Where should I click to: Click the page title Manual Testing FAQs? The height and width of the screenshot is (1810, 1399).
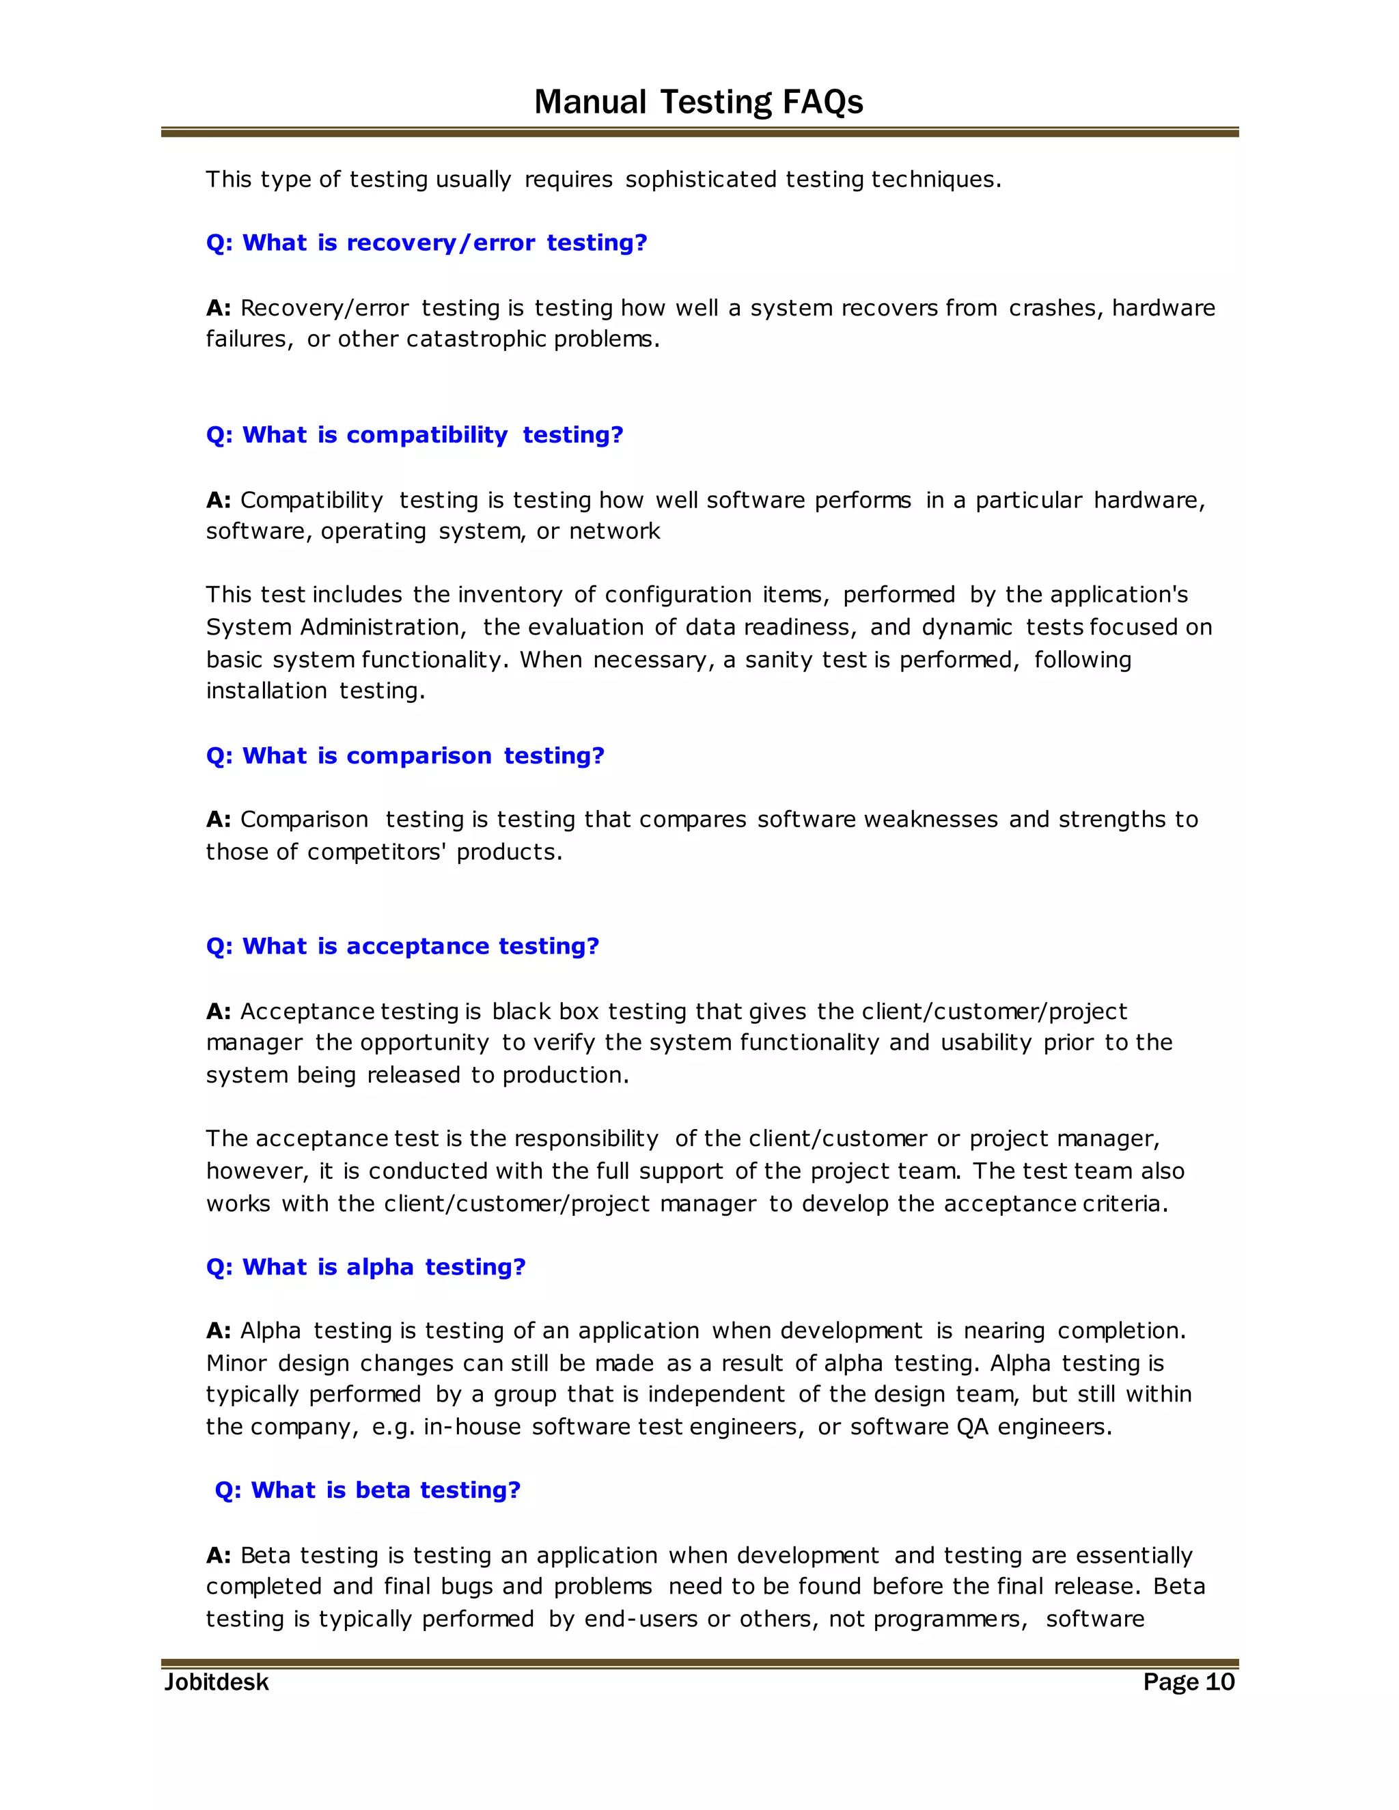698,102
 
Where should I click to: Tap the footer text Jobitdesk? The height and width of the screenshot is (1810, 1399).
217,1682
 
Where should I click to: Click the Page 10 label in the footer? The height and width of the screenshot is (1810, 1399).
1188,1682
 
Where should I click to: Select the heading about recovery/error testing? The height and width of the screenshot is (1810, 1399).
426,243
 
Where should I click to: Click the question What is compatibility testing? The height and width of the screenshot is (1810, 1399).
415,435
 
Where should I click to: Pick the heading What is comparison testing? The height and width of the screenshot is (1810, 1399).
405,756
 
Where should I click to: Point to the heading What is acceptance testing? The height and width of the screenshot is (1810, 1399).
402,947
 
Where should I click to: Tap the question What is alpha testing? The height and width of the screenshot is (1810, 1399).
365,1267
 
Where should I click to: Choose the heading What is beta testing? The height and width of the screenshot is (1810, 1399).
367,1490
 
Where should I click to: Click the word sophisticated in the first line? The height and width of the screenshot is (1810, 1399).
700,180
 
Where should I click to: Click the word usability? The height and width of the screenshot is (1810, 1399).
986,1042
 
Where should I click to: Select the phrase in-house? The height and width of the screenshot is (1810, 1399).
473,1427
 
